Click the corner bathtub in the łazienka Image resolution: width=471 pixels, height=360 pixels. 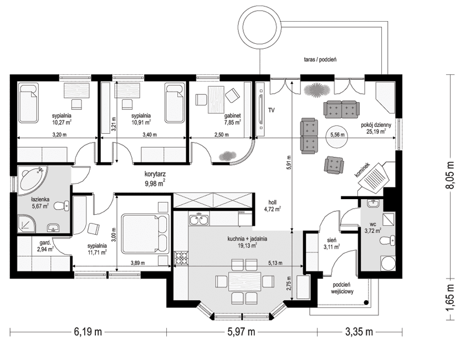click(31, 180)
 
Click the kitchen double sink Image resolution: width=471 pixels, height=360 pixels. click(199, 221)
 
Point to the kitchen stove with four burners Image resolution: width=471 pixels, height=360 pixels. click(181, 257)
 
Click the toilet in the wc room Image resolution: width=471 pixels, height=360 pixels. click(391, 240)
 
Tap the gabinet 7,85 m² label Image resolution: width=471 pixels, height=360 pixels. click(232, 120)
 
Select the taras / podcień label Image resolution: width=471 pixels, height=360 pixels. click(317, 59)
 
